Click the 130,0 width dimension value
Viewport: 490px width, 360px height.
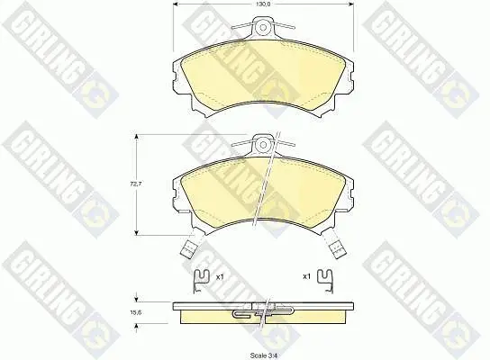coord(263,4)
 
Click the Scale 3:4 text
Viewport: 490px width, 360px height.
coord(264,355)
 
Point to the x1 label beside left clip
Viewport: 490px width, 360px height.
coord(220,276)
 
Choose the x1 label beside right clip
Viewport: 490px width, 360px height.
coord(307,276)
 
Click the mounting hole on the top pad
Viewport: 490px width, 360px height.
coord(263,27)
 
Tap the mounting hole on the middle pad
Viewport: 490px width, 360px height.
coord(264,145)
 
